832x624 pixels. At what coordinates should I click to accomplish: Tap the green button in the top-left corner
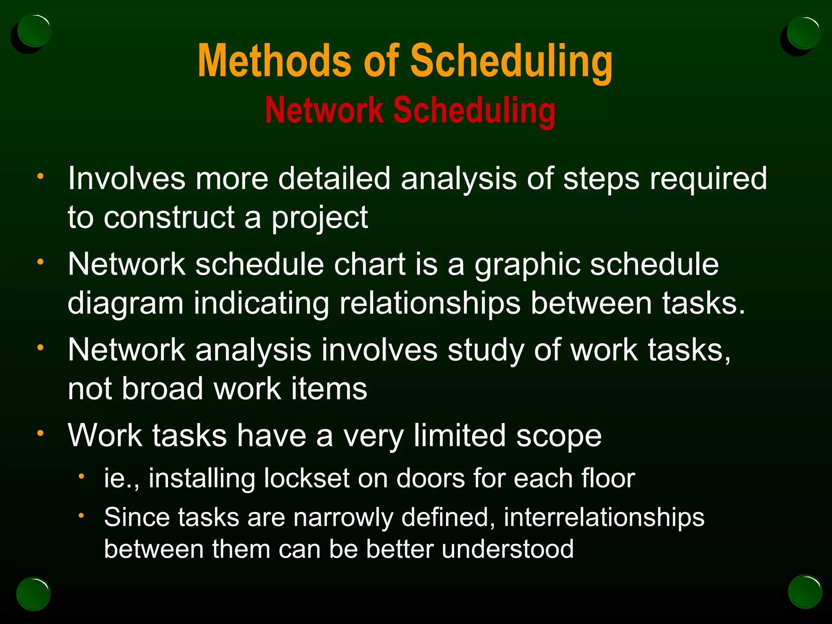[x=35, y=30]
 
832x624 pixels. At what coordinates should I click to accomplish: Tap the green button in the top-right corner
[x=803, y=32]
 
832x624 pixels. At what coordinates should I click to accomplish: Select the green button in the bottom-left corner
[x=34, y=594]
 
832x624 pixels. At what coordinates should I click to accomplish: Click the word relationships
[x=429, y=303]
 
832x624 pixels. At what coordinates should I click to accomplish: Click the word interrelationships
[x=604, y=518]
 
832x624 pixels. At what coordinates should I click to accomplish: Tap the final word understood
[x=507, y=549]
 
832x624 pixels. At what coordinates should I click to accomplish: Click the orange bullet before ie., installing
[x=81, y=476]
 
